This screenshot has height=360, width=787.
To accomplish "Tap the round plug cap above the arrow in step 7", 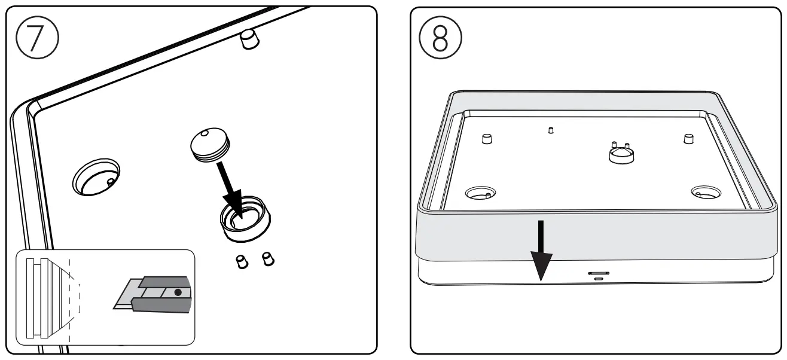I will pyautogui.click(x=210, y=145).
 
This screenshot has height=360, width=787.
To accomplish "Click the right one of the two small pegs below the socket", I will pyautogui.click(x=268, y=259).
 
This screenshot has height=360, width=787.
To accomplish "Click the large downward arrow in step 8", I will pyautogui.click(x=541, y=251).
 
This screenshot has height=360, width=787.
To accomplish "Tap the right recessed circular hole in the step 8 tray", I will pyautogui.click(x=707, y=193).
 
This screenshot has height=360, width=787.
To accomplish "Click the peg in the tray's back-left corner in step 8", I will pyautogui.click(x=486, y=139).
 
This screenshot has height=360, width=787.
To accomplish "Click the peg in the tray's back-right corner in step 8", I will pyautogui.click(x=688, y=139).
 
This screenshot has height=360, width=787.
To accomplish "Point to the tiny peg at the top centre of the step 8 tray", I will pyautogui.click(x=551, y=129).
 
